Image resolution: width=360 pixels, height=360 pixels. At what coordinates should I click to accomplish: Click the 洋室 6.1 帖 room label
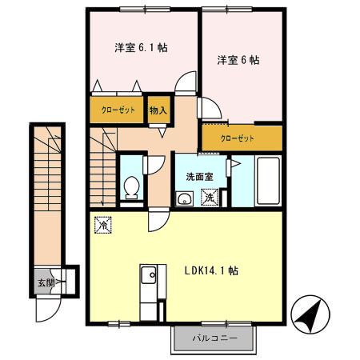140,48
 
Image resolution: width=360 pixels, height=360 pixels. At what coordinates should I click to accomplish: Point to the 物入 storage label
158,110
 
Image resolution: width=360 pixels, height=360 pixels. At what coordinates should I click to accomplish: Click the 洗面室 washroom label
199,175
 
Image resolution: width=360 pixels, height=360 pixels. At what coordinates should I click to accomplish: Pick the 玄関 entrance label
45,282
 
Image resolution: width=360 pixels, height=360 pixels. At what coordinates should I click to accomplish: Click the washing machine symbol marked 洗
209,197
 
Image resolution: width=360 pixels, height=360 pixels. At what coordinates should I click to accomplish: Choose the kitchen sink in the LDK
149,277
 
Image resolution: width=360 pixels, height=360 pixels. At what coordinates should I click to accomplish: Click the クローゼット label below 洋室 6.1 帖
118,110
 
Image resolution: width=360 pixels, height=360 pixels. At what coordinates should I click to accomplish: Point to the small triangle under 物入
162,133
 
